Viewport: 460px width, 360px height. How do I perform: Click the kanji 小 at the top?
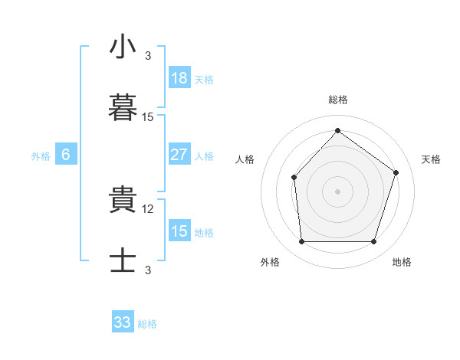point(123,46)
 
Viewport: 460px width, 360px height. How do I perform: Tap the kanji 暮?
point(123,107)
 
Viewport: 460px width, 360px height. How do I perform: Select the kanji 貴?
point(123,199)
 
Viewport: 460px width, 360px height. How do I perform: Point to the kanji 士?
point(123,260)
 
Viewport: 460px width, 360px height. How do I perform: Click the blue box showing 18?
point(179,77)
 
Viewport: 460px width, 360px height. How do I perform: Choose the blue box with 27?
point(179,154)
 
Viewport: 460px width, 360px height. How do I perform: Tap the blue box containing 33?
point(123,321)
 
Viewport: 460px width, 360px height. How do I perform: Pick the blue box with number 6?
point(66,154)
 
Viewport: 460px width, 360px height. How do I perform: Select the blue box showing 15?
point(179,230)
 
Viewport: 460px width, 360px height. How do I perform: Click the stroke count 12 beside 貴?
point(147,209)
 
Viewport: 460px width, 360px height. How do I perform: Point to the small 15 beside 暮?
point(147,117)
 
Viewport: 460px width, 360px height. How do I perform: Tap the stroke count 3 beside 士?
point(148,270)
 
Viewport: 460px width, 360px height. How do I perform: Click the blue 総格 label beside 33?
point(147,324)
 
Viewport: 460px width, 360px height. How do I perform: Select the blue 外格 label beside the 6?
point(41,156)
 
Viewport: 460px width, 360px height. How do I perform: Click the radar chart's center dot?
point(337,191)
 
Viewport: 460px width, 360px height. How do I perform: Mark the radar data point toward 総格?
point(337,130)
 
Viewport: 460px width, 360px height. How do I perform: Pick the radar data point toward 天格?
point(396,172)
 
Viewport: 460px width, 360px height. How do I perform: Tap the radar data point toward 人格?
point(294,178)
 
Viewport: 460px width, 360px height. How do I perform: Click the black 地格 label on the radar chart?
point(402,262)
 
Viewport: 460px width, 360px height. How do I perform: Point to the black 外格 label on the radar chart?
point(270,262)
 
